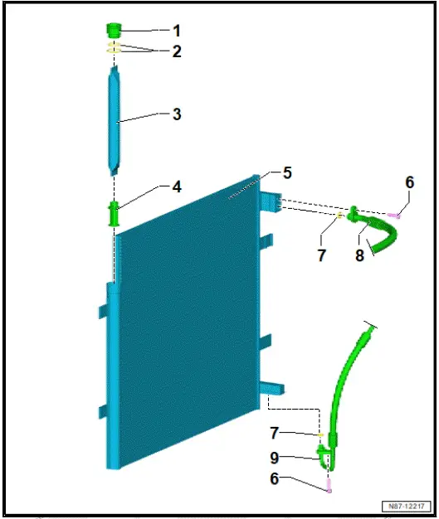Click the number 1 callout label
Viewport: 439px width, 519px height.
pyautogui.click(x=175, y=31)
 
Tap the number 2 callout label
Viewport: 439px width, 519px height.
pyautogui.click(x=175, y=51)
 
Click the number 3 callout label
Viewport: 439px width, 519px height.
pyautogui.click(x=175, y=114)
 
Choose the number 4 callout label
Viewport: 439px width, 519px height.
pyautogui.click(x=176, y=187)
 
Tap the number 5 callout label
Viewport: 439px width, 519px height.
pyautogui.click(x=287, y=173)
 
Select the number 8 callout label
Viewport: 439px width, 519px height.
pyautogui.click(x=359, y=256)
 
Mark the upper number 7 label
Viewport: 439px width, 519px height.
pyautogui.click(x=321, y=255)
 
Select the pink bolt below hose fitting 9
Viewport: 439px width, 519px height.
pyautogui.click(x=329, y=487)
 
